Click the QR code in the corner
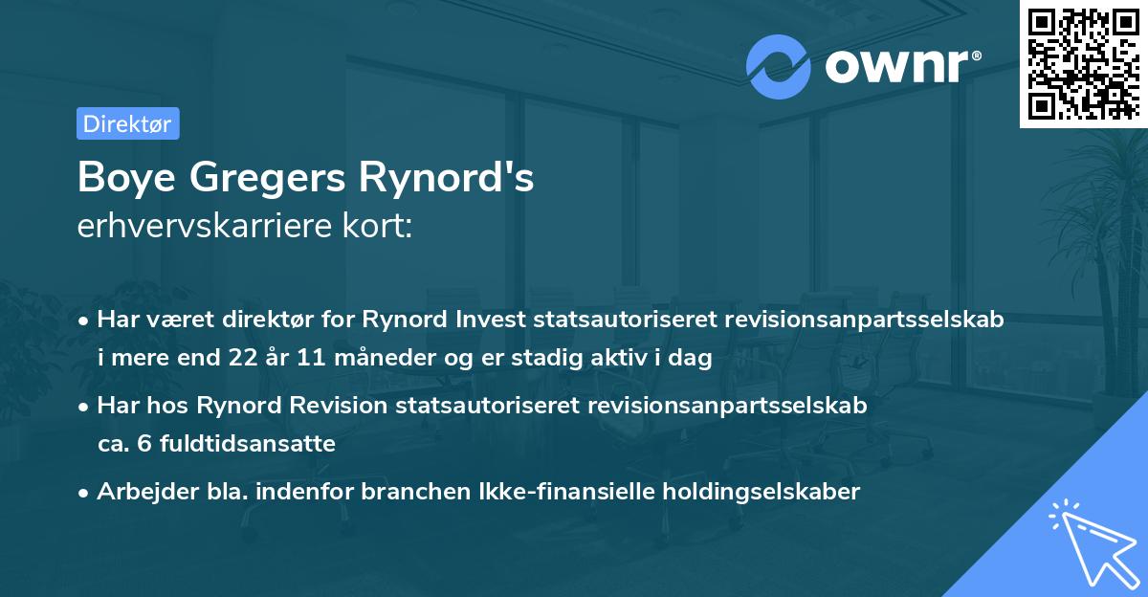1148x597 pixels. point(1083,63)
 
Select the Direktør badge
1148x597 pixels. point(127,123)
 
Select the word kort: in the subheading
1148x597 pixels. point(380,227)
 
